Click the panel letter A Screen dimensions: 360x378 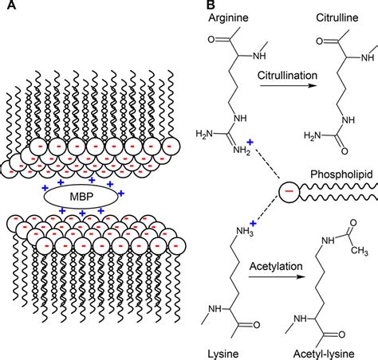pyautogui.click(x=6, y=6)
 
